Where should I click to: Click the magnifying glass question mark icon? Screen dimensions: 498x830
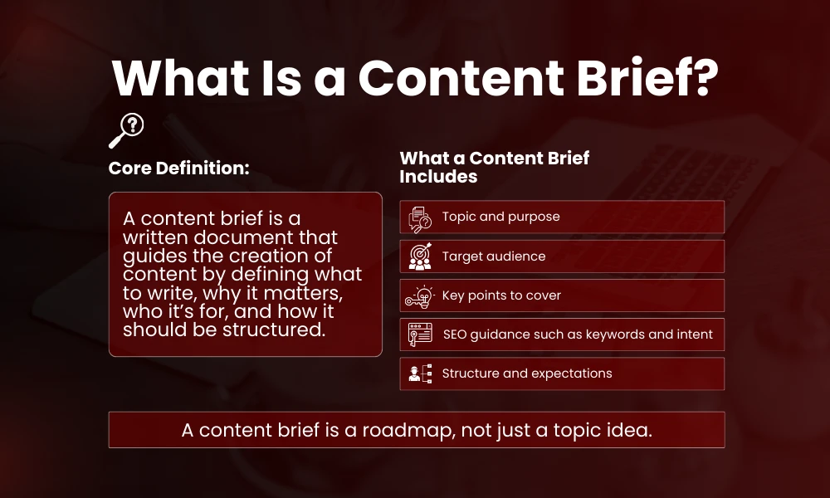coord(126,129)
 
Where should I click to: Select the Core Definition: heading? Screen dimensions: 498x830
coord(179,168)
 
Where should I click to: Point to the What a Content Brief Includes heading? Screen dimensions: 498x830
coord(494,167)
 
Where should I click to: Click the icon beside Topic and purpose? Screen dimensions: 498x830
coord(420,217)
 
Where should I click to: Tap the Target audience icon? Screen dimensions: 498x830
coord(420,256)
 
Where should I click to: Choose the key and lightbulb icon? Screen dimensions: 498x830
coord(420,295)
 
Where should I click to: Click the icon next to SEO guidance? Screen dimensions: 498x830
coord(420,334)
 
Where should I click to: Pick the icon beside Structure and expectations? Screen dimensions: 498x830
coord(420,373)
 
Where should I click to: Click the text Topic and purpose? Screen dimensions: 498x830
coord(500,217)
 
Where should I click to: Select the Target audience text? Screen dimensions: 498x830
coord(494,256)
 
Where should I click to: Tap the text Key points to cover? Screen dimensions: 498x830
coord(501,295)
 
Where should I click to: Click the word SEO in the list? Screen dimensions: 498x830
coord(456,334)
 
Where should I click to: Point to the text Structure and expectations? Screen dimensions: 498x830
coord(527,373)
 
